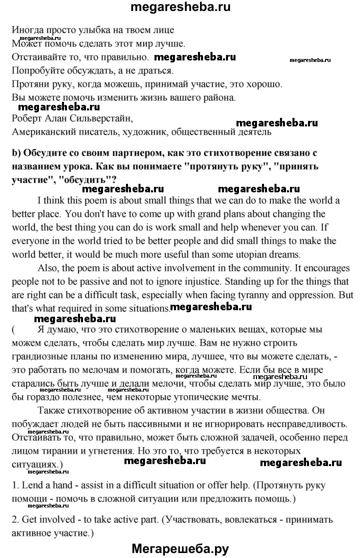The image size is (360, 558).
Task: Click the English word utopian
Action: click(259, 254)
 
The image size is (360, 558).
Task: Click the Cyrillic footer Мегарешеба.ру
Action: click(180, 548)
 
